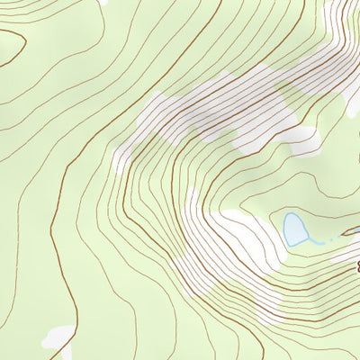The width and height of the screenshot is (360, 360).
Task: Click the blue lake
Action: click(294, 229)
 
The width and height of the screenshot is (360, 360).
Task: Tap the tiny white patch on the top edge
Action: click(106, 3)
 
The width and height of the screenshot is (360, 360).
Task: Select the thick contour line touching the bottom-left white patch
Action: click(72, 324)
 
